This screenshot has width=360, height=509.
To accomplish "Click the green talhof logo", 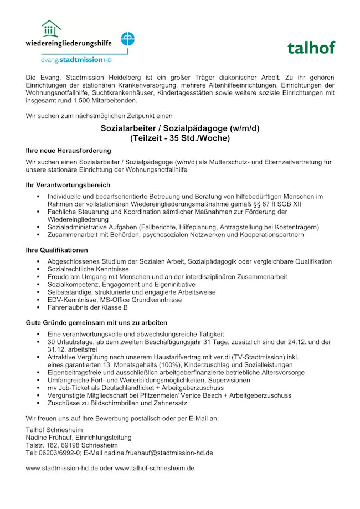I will [x=311, y=48].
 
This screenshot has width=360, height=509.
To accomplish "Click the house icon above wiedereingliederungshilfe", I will [x=51, y=29].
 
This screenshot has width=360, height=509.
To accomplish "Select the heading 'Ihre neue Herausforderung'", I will [x=68, y=150].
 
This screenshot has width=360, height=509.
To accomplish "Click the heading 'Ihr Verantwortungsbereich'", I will [x=68, y=184].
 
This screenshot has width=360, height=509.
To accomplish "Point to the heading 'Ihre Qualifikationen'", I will [x=56, y=250].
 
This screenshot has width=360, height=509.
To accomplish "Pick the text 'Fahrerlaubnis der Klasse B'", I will [x=88, y=307].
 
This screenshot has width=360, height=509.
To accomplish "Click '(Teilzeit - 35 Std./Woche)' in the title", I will [x=179, y=138].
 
